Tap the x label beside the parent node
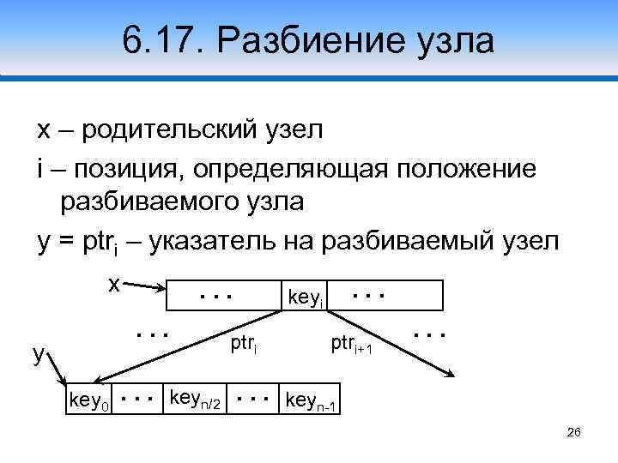click(x=112, y=283)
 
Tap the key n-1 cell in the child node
click(x=312, y=400)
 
